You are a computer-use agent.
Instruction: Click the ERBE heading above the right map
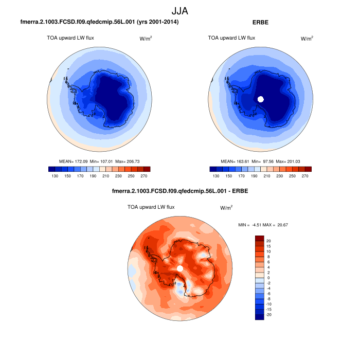261,23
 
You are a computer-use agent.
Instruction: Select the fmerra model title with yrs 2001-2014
99,23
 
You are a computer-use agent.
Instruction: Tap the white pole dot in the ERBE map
261,99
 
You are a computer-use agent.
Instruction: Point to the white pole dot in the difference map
179,268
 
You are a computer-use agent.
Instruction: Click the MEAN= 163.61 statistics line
260,161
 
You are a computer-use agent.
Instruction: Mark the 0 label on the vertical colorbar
268,278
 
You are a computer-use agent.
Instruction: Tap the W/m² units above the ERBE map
307,38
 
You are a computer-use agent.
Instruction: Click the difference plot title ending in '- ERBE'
179,192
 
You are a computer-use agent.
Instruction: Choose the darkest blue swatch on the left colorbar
52,169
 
